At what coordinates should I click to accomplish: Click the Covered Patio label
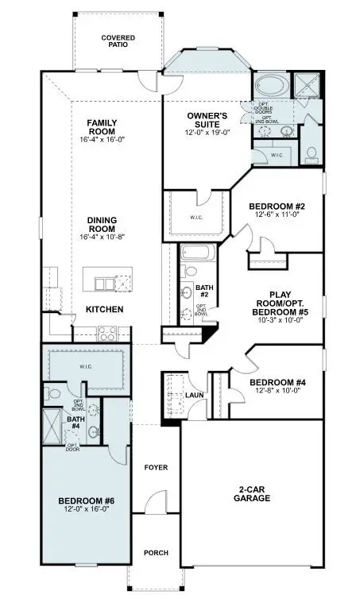(x=117, y=41)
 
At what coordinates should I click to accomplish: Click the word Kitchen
(x=105, y=309)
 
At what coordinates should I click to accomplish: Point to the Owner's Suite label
(x=207, y=122)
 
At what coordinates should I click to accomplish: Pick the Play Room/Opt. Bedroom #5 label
(x=281, y=302)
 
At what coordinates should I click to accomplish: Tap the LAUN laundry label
(x=195, y=395)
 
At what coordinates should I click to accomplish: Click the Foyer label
(x=155, y=467)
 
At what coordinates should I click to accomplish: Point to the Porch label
(x=155, y=553)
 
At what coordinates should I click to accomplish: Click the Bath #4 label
(x=75, y=423)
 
